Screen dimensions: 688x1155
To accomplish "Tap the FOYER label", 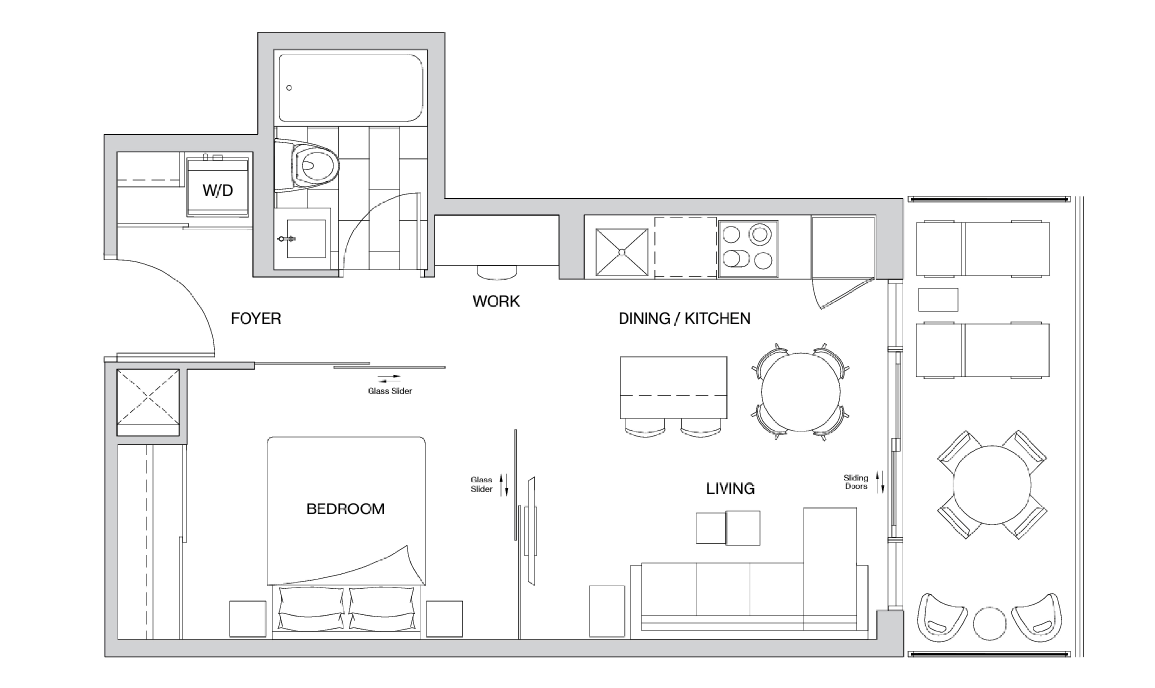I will [256, 318].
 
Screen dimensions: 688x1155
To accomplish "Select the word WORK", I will [496, 301].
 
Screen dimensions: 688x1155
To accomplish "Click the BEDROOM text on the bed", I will [345, 509].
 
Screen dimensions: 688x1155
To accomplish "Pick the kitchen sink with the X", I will [622, 252].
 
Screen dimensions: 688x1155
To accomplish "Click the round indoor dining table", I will [800, 392].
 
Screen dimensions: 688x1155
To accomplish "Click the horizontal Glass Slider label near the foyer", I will [390, 391].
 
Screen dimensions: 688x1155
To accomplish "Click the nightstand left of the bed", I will [248, 619].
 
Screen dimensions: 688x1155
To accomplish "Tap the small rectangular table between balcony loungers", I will [938, 300].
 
